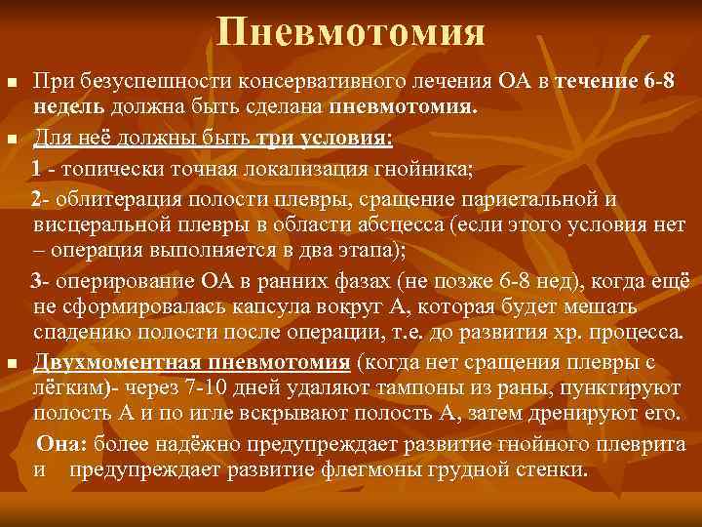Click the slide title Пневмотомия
pyautogui.click(x=351, y=32)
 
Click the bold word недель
pyautogui.click(x=63, y=104)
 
